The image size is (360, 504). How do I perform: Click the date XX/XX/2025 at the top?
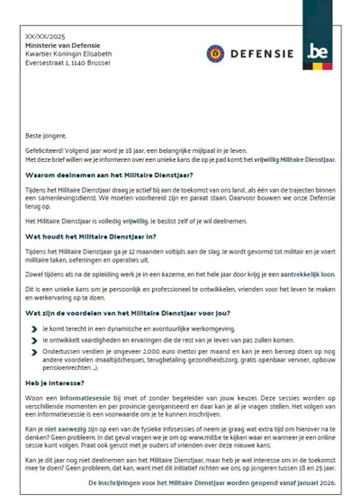[45, 36]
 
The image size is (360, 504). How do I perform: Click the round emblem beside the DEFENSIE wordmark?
[216, 53]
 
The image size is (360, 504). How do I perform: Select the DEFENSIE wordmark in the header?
[262, 54]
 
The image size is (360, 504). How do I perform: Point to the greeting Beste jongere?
[46, 136]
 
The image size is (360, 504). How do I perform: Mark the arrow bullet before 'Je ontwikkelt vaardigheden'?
[34, 341]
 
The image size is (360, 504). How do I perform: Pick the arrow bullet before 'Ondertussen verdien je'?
[34, 353]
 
